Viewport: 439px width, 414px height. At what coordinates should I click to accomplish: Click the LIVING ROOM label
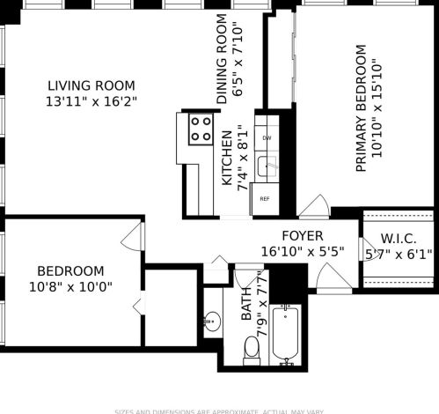pos(91,85)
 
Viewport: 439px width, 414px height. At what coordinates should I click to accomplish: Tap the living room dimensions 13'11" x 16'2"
pos(91,102)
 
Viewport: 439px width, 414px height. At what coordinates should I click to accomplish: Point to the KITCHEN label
pos(227,158)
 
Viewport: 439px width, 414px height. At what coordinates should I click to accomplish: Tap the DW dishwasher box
pos(267,139)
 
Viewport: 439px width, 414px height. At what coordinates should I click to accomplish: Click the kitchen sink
pos(267,165)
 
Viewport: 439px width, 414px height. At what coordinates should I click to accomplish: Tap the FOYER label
pos(302,236)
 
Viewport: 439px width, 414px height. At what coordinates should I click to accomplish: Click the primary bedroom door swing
pos(312,207)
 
